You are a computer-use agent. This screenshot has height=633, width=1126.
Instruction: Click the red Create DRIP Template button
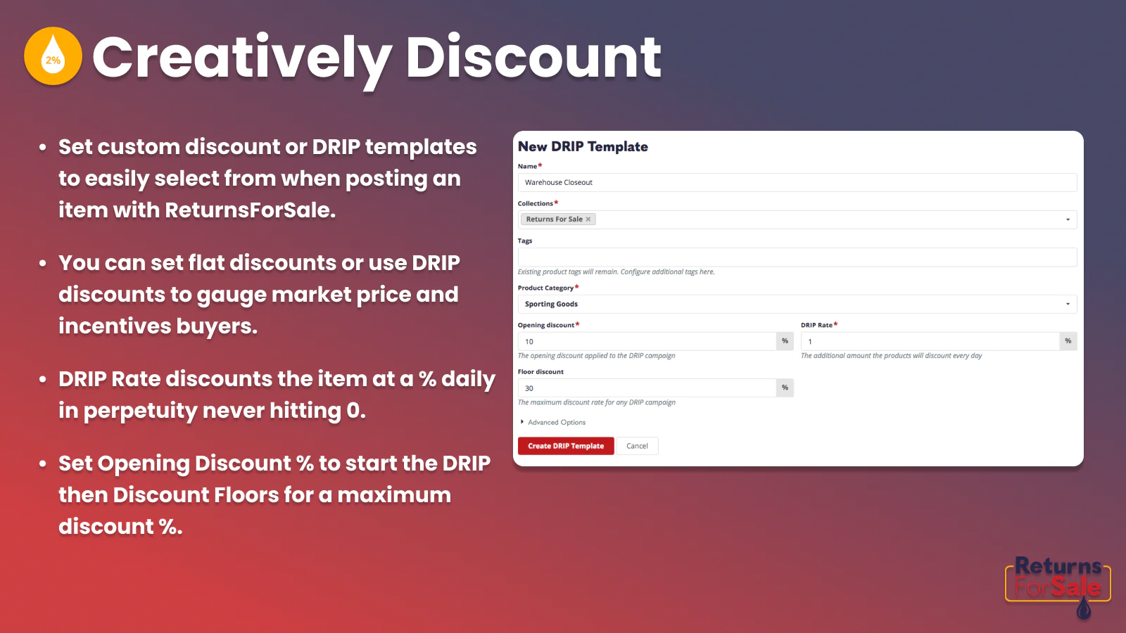click(566, 446)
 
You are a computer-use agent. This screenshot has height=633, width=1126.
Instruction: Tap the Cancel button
click(637, 446)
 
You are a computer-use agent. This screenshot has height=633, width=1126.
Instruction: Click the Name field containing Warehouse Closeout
click(797, 182)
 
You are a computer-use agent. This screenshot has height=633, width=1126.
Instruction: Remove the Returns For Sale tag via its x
click(588, 219)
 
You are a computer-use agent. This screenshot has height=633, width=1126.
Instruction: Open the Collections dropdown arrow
click(1068, 219)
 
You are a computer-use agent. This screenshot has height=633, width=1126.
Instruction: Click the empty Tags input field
click(797, 257)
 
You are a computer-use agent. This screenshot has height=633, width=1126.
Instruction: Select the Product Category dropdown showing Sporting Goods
click(797, 304)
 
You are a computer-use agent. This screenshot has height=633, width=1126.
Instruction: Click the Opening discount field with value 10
click(647, 341)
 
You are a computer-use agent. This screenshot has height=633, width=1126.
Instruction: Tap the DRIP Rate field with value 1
click(930, 341)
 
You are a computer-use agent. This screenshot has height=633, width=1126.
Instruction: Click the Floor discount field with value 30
click(647, 388)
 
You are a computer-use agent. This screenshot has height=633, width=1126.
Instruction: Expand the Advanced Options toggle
click(553, 422)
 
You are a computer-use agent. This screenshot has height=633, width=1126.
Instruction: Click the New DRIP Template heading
click(583, 147)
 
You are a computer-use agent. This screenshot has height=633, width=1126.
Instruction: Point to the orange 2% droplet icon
click(53, 56)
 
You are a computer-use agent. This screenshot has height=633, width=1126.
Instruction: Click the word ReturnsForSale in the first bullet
click(250, 210)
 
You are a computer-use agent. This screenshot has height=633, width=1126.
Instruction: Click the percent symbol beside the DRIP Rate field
click(1068, 341)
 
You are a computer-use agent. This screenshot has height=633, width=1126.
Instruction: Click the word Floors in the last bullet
click(246, 495)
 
